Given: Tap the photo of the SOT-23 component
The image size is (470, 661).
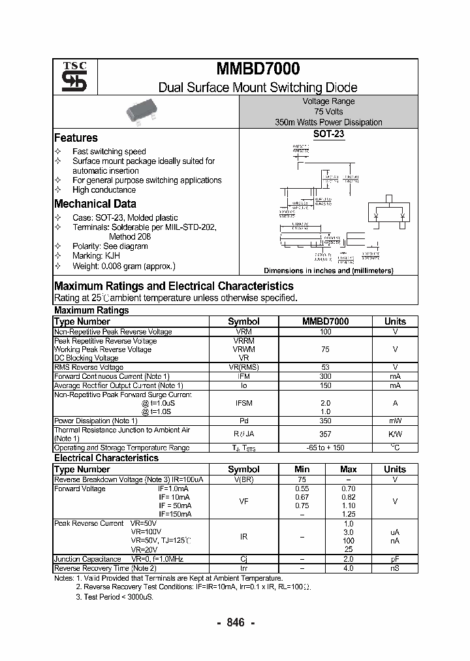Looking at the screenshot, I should pyautogui.click(x=144, y=112).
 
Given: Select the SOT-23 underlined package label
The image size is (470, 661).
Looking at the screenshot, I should pyautogui.click(x=328, y=135).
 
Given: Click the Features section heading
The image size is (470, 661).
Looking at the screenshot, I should pyautogui.click(x=76, y=138).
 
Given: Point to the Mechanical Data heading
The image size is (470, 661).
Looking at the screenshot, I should pyautogui.click(x=95, y=204).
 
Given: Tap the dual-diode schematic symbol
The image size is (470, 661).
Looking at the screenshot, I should pyautogui.click(x=388, y=213).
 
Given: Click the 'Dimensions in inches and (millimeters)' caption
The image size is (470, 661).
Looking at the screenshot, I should pyautogui.click(x=328, y=270).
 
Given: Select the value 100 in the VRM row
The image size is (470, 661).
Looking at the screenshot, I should pyautogui.click(x=325, y=332).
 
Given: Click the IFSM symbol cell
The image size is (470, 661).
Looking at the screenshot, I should pyautogui.click(x=243, y=404).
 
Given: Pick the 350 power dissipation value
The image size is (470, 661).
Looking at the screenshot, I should pyautogui.click(x=325, y=421).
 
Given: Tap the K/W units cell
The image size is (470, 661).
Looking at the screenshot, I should pyautogui.click(x=395, y=434).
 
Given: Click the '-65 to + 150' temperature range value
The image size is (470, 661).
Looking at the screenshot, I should pyautogui.click(x=325, y=447).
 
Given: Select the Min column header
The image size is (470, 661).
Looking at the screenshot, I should pyautogui.click(x=302, y=469).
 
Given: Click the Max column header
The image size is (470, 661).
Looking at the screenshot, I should pyautogui.click(x=348, y=469).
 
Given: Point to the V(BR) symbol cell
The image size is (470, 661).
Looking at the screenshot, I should pyautogui.click(x=243, y=479).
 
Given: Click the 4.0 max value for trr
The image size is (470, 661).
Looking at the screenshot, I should pyautogui.click(x=348, y=568).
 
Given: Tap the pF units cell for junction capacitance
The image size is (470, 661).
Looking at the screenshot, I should pyautogui.click(x=395, y=559).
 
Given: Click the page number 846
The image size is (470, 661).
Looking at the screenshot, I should pyautogui.click(x=235, y=622).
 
